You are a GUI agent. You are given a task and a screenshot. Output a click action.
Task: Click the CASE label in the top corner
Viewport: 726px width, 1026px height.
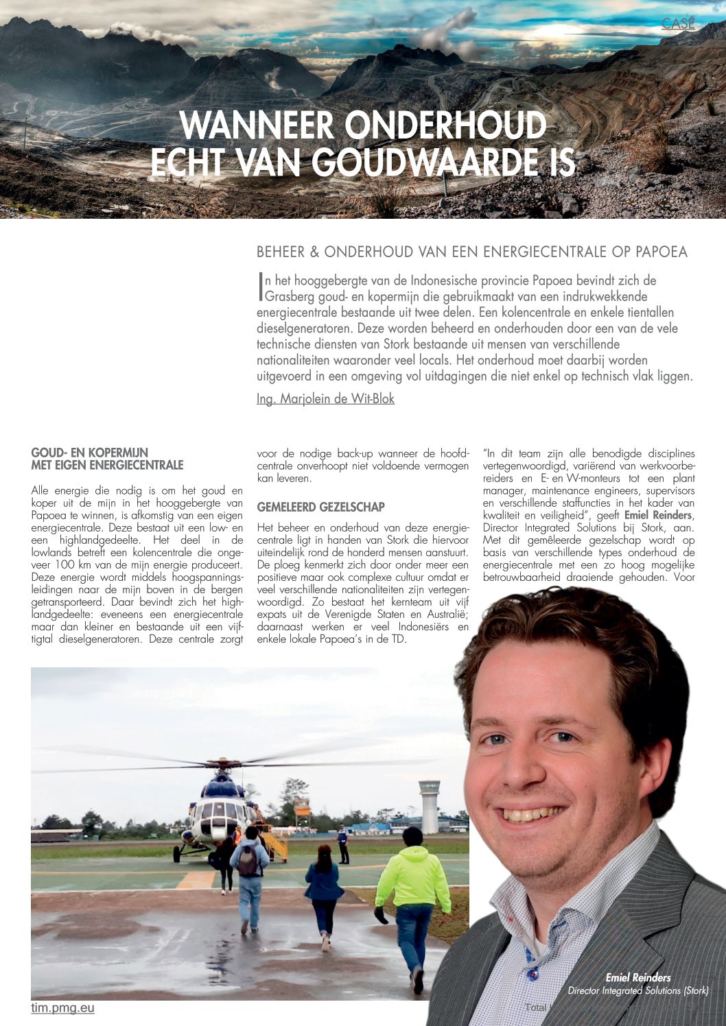[678, 23]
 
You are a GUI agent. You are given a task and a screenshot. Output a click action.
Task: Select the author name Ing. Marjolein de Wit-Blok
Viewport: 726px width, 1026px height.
[325, 398]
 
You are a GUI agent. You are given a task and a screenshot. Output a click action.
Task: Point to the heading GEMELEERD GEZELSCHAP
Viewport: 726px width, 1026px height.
[320, 507]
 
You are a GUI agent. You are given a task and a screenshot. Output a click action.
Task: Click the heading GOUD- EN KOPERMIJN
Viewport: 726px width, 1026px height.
[90, 453]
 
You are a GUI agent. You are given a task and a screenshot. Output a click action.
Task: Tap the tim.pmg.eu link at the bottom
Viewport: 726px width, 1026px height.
[62, 1007]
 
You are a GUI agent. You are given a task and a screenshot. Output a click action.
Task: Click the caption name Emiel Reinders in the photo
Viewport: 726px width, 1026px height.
[637, 977]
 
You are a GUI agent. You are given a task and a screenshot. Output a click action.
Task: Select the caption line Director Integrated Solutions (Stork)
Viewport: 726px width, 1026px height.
[637, 990]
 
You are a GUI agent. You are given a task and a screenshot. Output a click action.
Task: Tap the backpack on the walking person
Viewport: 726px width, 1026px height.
[248, 860]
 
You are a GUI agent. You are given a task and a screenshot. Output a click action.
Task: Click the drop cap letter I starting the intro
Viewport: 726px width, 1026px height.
[261, 287]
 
